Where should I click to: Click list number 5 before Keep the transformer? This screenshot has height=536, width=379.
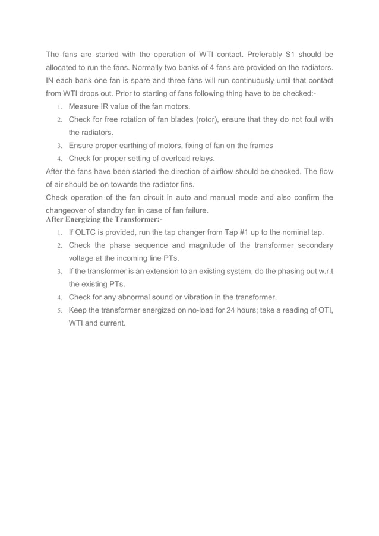point(59,311)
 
